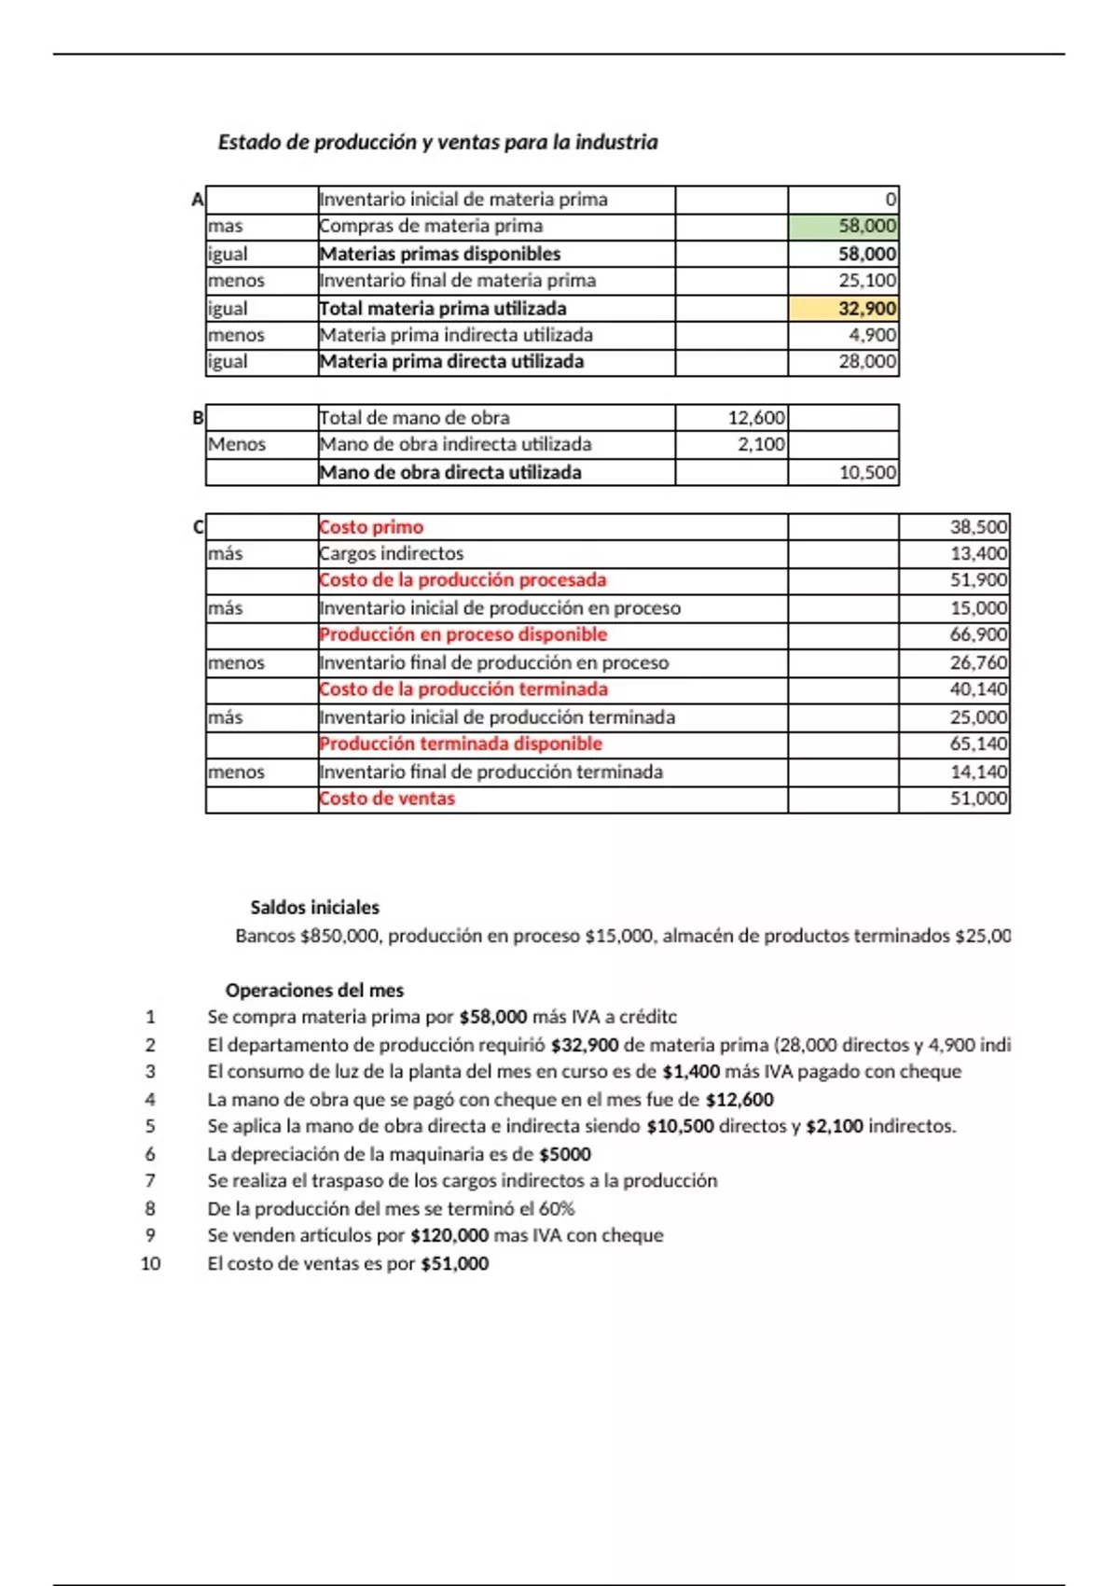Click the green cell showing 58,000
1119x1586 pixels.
(x=843, y=226)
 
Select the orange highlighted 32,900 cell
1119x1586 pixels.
(x=843, y=309)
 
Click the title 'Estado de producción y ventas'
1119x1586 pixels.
(x=437, y=143)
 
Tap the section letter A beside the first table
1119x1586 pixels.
(x=197, y=200)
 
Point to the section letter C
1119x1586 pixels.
(x=198, y=527)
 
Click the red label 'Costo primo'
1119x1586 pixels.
(x=371, y=527)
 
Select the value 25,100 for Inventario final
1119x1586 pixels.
(x=867, y=281)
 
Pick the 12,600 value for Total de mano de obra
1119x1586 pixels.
(x=756, y=418)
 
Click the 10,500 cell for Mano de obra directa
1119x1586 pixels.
(x=867, y=473)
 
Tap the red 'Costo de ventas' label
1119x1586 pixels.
(x=387, y=799)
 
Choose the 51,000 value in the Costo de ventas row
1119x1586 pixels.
(x=978, y=799)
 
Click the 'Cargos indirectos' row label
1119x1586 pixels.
(x=391, y=554)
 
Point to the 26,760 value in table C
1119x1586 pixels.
(x=978, y=663)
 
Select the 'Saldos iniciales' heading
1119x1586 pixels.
(x=314, y=908)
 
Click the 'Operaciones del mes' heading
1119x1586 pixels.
(x=314, y=991)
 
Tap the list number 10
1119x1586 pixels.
(x=150, y=1264)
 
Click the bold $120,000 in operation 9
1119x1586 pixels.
(x=449, y=1236)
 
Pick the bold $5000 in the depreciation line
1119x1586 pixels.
(x=565, y=1155)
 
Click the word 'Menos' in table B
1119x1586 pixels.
(x=237, y=445)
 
